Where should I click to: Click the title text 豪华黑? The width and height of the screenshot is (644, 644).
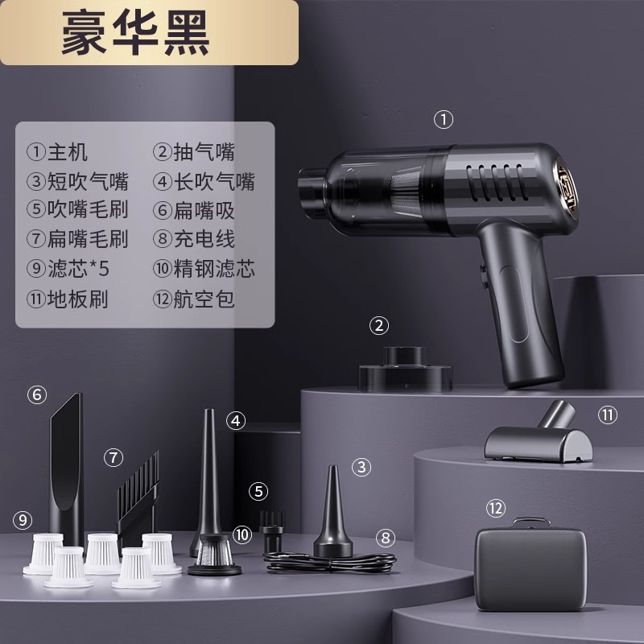(135, 32)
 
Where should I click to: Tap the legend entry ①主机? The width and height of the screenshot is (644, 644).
(57, 152)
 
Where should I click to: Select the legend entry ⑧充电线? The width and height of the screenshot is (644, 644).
(193, 238)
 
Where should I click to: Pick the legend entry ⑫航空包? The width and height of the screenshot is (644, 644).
(193, 299)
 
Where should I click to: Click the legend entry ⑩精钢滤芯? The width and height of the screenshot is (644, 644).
(204, 269)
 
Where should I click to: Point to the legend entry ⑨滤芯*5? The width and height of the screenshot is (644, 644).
(68, 269)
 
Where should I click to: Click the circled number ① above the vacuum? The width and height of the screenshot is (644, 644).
(444, 120)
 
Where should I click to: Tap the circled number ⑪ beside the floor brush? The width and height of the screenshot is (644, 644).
(608, 415)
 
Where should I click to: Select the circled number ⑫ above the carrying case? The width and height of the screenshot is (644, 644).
(495, 509)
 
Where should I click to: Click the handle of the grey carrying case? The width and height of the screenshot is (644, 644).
(531, 521)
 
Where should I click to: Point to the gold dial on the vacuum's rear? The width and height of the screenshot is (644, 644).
(566, 188)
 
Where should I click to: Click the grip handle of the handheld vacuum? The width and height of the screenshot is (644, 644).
(518, 304)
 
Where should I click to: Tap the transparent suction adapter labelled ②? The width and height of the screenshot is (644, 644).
(405, 369)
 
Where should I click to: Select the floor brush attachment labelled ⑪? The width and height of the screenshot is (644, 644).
(539, 436)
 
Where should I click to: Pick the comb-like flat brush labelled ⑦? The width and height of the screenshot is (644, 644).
(138, 496)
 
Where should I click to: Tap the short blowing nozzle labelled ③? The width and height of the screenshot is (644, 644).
(333, 514)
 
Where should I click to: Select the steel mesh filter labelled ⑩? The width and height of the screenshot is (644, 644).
(214, 555)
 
